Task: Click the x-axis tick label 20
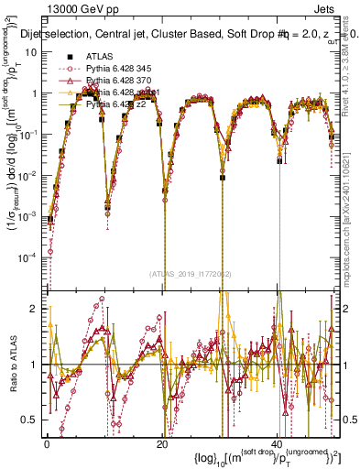pyautogui.click(x=161, y=443)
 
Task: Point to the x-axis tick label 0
pyautogui.click(x=47, y=443)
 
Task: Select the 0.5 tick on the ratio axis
pyautogui.click(x=30, y=420)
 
